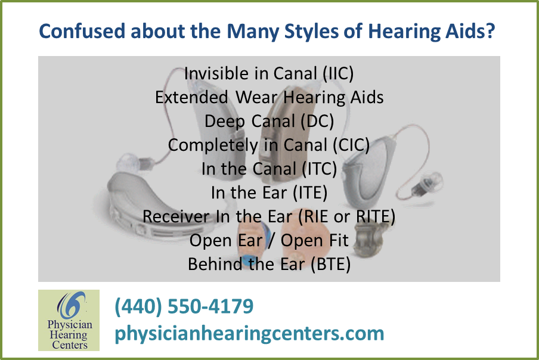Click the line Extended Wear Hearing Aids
point(269,97)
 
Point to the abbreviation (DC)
point(315,121)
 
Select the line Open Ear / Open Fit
point(269,240)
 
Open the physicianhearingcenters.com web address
point(249,333)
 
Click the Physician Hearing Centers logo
point(69,319)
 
